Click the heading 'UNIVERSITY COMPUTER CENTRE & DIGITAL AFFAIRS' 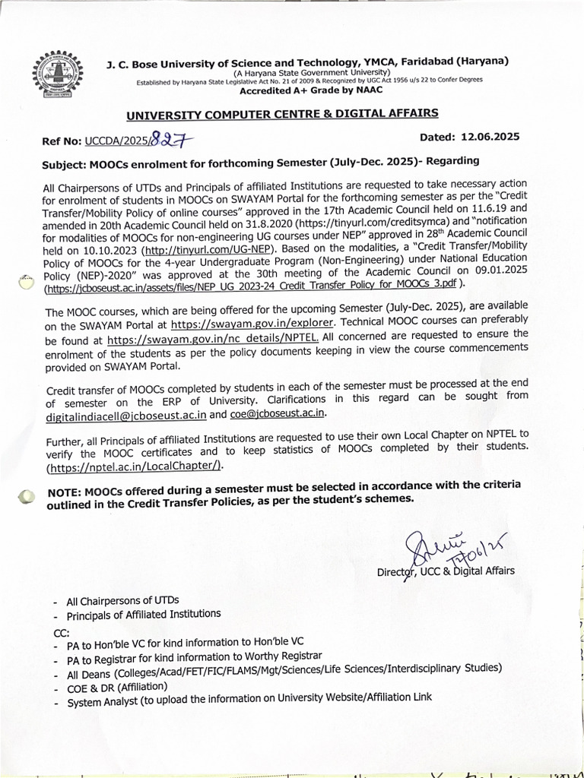281,114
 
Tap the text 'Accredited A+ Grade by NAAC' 311,90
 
